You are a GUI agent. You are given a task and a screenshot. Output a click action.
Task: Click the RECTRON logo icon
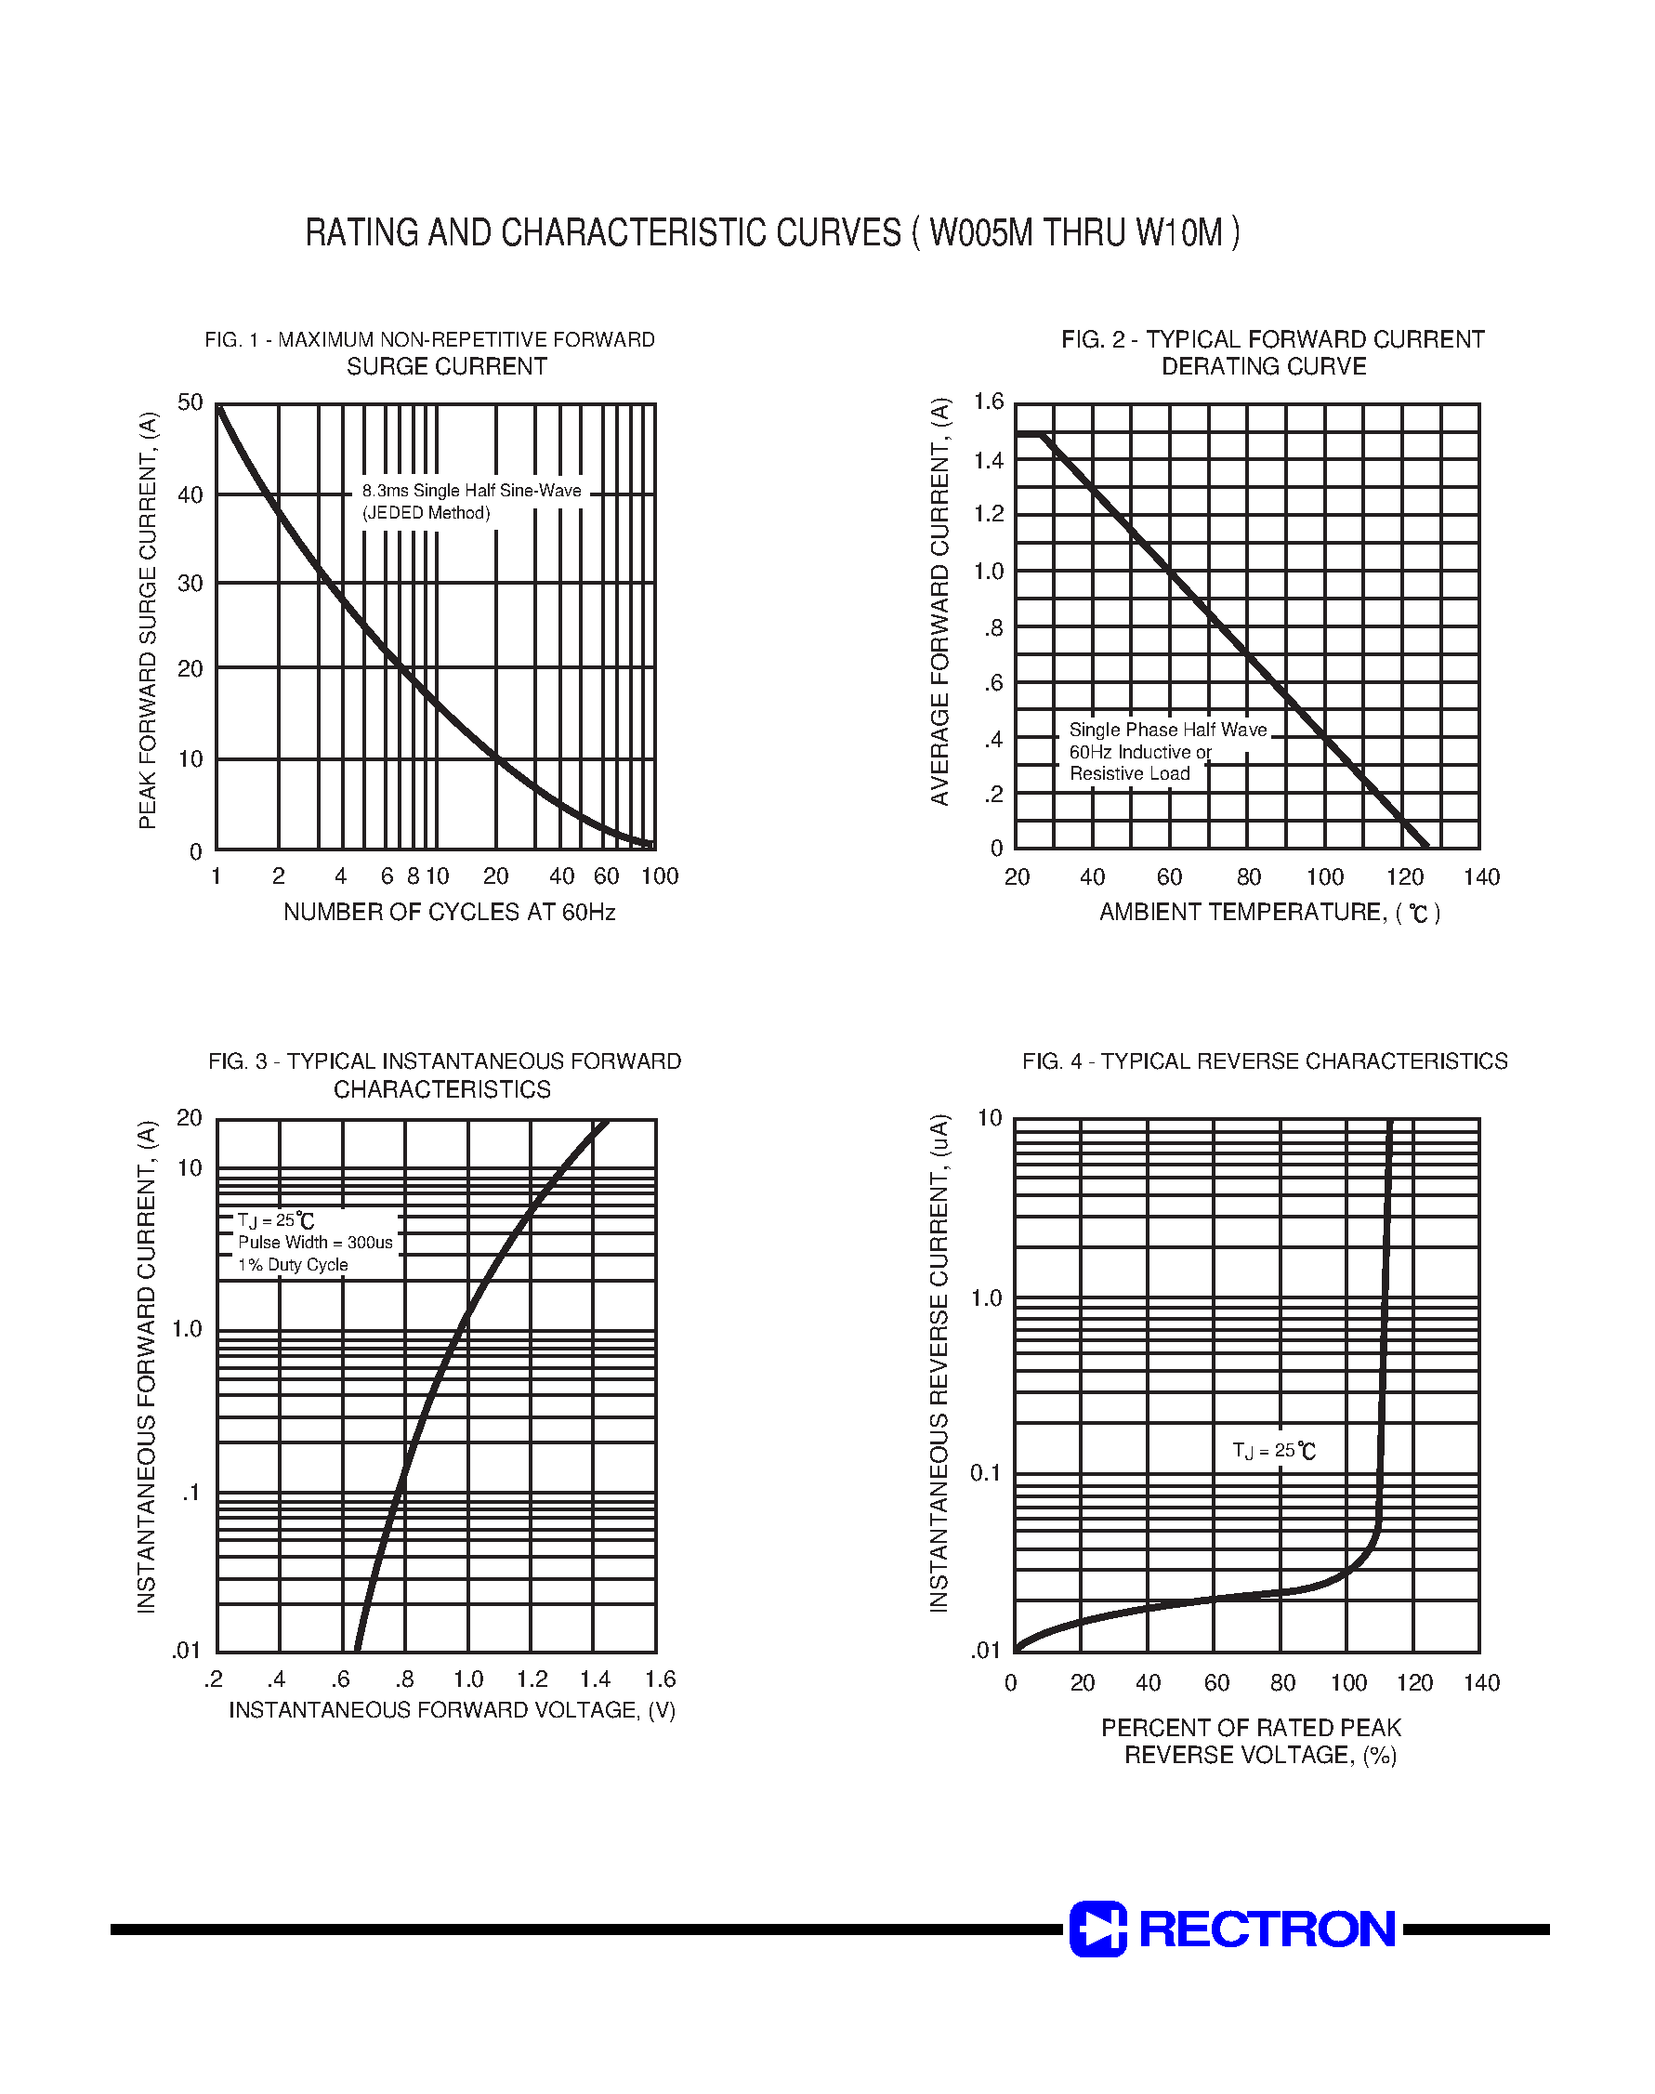(1097, 1929)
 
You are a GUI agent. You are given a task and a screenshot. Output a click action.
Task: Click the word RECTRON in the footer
(1268, 1929)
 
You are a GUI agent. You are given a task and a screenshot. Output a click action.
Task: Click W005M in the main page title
(981, 233)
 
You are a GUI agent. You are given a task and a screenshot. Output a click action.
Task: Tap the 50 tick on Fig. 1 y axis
(190, 402)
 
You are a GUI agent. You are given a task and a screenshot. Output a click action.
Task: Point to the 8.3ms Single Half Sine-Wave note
(471, 492)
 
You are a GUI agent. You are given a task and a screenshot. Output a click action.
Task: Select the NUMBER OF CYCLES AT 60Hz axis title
(450, 912)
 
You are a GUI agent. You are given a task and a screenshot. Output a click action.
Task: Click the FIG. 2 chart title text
(1271, 352)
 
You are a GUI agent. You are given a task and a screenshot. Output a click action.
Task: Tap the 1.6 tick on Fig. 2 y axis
(989, 402)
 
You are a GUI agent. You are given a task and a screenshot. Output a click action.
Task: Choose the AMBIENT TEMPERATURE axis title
(1268, 912)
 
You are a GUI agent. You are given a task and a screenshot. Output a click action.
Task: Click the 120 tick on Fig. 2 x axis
(1404, 878)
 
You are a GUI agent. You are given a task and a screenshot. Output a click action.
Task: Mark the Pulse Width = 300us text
(315, 1244)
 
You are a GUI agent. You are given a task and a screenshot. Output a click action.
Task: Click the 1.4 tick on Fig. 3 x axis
(595, 1680)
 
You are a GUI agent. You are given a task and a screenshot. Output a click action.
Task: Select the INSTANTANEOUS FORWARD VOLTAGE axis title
(452, 1710)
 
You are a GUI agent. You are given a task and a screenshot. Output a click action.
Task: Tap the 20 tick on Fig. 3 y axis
(189, 1118)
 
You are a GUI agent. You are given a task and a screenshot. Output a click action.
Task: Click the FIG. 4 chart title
(1265, 1062)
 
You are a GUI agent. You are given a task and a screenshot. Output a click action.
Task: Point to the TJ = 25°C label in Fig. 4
(1274, 1451)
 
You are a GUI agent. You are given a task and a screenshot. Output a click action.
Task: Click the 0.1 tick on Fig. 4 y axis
(987, 1474)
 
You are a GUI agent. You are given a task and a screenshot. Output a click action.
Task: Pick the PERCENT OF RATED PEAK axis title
(1251, 1728)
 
